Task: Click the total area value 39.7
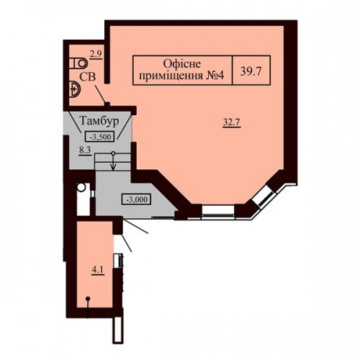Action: point(251,71)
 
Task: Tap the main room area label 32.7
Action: point(232,122)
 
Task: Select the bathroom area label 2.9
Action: point(96,54)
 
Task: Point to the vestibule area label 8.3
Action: point(85,150)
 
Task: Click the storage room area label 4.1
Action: point(98,270)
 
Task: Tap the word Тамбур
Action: point(99,120)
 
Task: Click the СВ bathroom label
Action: point(88,77)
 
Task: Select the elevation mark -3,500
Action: point(100,137)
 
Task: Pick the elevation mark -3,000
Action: point(137,199)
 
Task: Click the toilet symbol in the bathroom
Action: point(78,63)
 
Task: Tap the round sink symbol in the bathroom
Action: point(75,89)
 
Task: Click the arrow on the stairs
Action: point(113,163)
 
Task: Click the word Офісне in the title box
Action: point(182,64)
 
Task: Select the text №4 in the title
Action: point(215,76)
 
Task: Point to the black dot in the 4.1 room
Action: point(88,299)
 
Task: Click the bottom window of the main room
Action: point(218,211)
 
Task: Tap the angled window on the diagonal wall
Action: point(265,195)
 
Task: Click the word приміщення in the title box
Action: point(171,76)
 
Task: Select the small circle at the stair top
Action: point(113,153)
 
